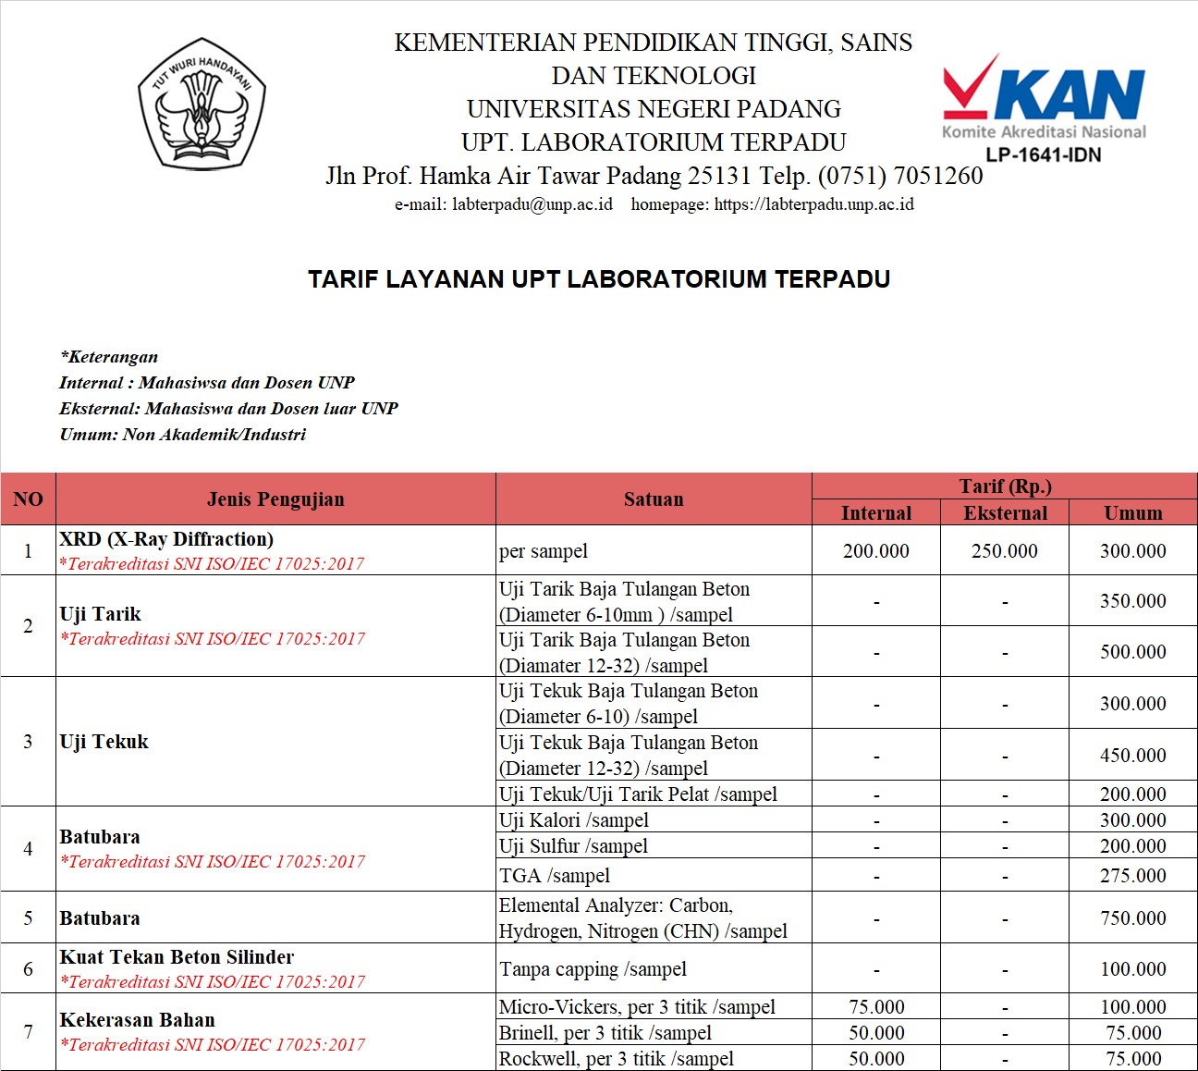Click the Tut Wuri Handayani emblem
click(x=202, y=104)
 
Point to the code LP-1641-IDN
click(x=1044, y=154)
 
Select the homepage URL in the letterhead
click(x=813, y=204)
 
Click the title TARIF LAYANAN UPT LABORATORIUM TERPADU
click(x=599, y=279)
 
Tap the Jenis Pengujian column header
click(x=275, y=499)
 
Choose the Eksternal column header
click(x=1005, y=513)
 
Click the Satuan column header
click(x=654, y=499)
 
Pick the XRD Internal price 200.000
click(x=875, y=551)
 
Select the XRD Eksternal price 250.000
click(x=1004, y=551)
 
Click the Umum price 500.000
click(x=1132, y=652)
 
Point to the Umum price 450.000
click(x=1132, y=756)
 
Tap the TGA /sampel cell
click(x=555, y=876)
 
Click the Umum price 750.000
click(x=1132, y=918)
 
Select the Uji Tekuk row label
click(x=104, y=742)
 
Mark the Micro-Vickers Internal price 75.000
click(x=876, y=1007)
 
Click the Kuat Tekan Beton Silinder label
click(x=177, y=957)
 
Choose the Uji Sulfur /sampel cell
click(x=573, y=846)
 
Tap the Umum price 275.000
click(x=1132, y=876)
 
